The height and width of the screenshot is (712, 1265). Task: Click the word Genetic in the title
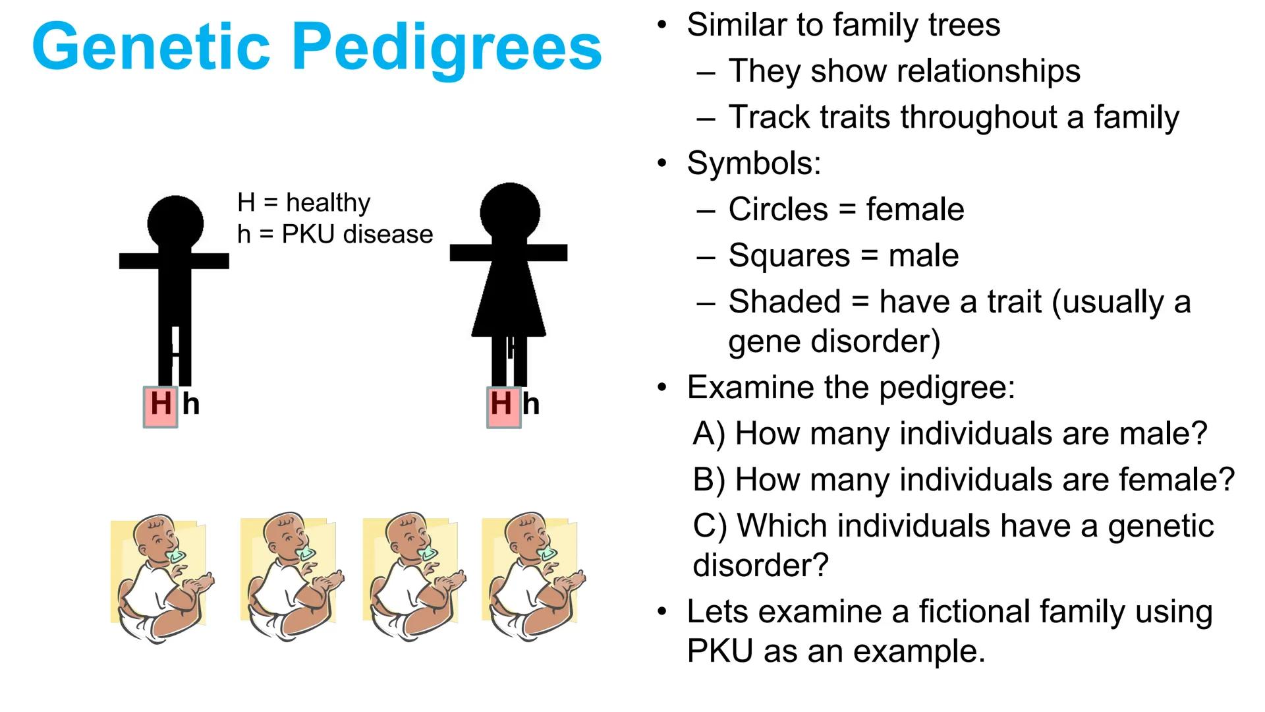(151, 46)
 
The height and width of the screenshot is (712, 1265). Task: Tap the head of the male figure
(175, 222)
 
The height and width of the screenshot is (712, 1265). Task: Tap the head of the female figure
(510, 211)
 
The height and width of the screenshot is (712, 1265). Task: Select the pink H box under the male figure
(161, 407)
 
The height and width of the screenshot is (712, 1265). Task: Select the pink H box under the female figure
(504, 407)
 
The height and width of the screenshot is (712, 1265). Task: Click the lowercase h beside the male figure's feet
(191, 404)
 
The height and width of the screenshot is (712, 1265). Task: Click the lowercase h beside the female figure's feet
(531, 404)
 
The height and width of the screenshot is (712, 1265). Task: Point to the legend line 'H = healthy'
(304, 202)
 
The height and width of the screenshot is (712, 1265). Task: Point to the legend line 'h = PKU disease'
(335, 234)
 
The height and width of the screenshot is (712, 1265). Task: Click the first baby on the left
(162, 578)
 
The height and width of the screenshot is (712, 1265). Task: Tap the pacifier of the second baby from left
(306, 553)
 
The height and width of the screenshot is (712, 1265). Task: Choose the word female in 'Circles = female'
(915, 210)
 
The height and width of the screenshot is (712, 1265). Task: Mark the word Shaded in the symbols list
(785, 302)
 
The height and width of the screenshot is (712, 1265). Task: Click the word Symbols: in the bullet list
(754, 163)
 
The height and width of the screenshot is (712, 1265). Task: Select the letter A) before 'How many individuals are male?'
(709, 434)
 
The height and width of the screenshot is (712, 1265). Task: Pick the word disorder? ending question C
(760, 566)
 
